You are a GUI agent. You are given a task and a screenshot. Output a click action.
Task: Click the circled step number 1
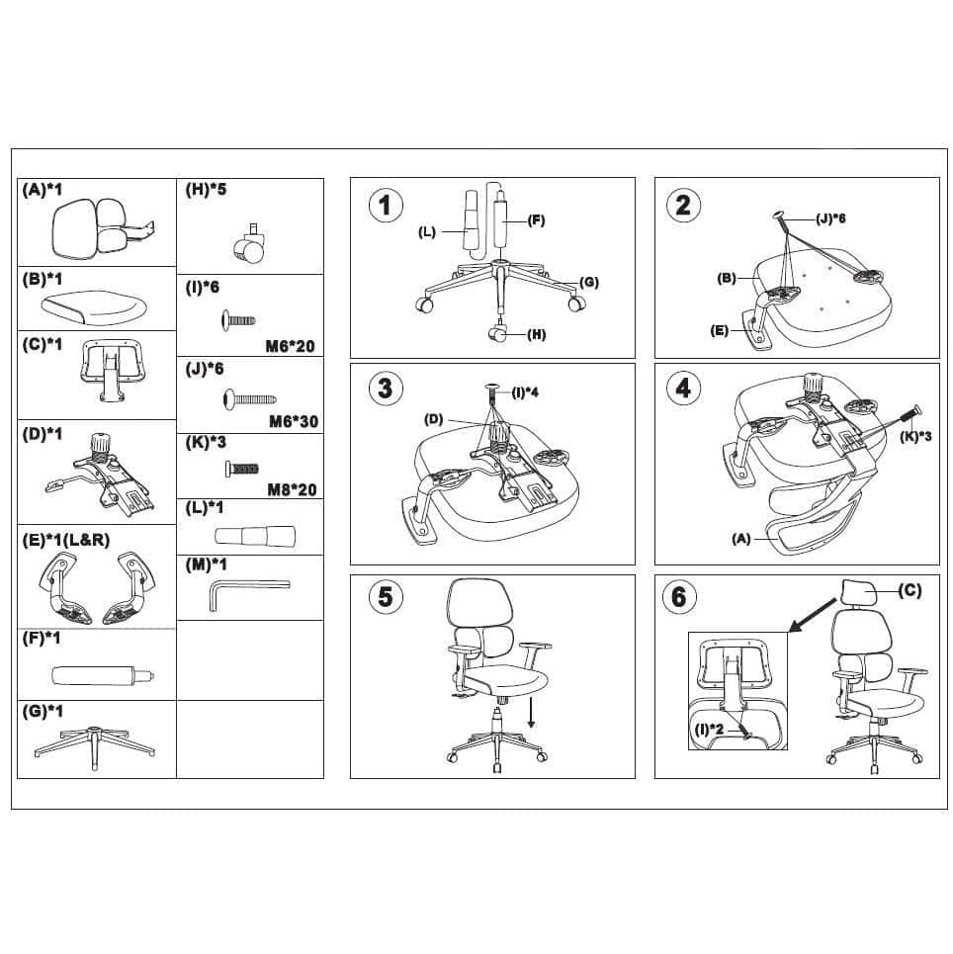coord(386,205)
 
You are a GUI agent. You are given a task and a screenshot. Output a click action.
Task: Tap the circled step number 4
coord(683,388)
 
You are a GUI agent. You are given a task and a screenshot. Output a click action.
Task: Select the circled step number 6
coord(679,597)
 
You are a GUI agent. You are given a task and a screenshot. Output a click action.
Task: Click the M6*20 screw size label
coord(291,346)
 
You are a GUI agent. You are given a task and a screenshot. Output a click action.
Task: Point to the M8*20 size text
coord(292,489)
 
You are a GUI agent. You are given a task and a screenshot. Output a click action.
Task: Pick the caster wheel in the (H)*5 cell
coord(248,244)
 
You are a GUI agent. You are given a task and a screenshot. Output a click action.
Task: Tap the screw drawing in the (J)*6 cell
coord(250,398)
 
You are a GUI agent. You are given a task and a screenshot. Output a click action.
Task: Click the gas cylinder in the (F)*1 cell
coord(103,676)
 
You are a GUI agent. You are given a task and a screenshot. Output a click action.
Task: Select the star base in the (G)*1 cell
coord(94,746)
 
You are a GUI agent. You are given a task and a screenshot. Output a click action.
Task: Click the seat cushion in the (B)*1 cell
coord(95,307)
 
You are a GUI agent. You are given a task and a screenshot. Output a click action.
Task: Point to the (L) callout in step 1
coord(427,231)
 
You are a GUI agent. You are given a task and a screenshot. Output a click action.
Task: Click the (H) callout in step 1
coord(536,334)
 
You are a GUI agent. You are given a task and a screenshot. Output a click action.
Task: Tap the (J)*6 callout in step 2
coord(830,218)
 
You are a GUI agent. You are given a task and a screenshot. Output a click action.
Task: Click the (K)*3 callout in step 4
coord(916,436)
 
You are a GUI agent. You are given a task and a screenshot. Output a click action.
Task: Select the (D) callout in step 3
coord(433,419)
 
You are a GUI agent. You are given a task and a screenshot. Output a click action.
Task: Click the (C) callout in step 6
coord(910,590)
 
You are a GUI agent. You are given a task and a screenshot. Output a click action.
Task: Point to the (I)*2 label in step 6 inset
coord(710,729)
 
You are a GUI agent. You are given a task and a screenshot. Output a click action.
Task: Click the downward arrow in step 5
coord(531,713)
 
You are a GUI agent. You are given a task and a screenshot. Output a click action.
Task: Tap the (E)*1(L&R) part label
coord(65,540)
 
